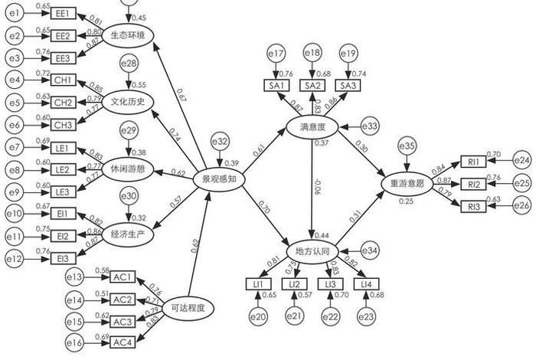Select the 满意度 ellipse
click(x=312, y=126)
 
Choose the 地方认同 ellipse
click(x=312, y=250)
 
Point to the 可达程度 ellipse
click(x=189, y=307)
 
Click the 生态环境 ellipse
click(x=127, y=34)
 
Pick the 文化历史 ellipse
click(x=128, y=100)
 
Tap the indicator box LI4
click(x=367, y=284)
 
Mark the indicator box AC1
click(x=123, y=277)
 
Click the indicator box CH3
click(x=63, y=125)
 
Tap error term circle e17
click(x=276, y=54)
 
